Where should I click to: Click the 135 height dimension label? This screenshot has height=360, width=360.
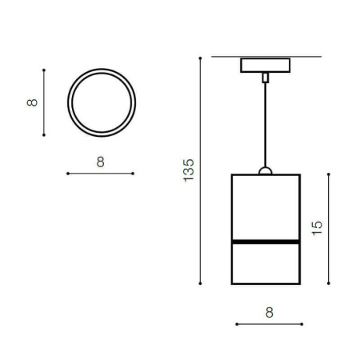click(x=189, y=170)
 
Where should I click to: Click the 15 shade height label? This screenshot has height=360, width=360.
click(x=317, y=228)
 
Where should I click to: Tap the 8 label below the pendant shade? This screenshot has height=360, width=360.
click(x=270, y=312)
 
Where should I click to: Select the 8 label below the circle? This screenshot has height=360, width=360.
click(x=101, y=162)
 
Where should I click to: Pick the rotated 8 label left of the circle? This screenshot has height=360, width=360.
click(x=32, y=102)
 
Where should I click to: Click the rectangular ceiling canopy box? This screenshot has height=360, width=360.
click(x=265, y=66)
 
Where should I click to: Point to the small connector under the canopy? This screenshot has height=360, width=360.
click(x=266, y=78)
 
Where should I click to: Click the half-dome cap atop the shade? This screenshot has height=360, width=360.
click(x=266, y=171)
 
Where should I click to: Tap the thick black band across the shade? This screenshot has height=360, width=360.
click(x=266, y=242)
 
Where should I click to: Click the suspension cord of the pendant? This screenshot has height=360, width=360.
click(x=265, y=125)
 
